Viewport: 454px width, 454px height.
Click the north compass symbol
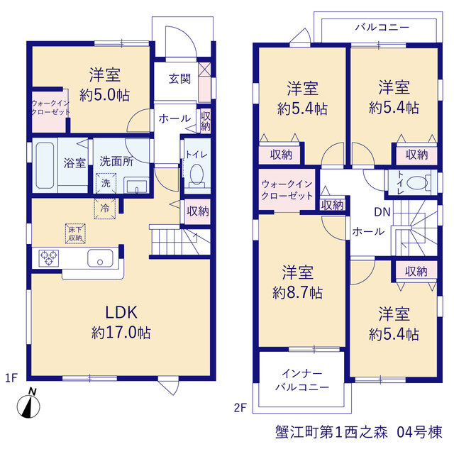(x=28, y=406)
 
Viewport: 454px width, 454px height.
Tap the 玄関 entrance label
(x=179, y=79)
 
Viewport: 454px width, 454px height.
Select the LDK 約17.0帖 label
(x=121, y=322)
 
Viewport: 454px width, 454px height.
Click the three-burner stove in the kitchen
(x=49, y=258)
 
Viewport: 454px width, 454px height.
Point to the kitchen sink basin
(x=100, y=258)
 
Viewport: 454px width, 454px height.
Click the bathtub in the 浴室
(x=45, y=165)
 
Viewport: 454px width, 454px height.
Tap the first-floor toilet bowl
(x=197, y=175)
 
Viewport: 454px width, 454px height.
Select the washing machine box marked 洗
(x=106, y=183)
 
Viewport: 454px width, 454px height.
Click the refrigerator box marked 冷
(x=105, y=208)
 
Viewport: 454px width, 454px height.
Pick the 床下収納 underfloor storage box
(x=75, y=233)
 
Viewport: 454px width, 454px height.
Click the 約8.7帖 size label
(x=298, y=293)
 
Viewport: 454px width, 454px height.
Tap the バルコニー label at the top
(x=382, y=28)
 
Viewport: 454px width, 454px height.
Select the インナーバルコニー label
(x=302, y=380)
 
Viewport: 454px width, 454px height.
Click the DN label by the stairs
(x=382, y=212)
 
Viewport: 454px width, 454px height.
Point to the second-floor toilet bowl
(x=417, y=183)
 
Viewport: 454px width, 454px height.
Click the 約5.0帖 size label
(x=105, y=95)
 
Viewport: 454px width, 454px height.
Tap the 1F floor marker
(x=11, y=378)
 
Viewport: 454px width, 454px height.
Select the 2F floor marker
(x=240, y=408)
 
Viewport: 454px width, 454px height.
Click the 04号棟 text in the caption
(x=419, y=432)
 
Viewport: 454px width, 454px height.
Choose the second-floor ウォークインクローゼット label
(x=287, y=190)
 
